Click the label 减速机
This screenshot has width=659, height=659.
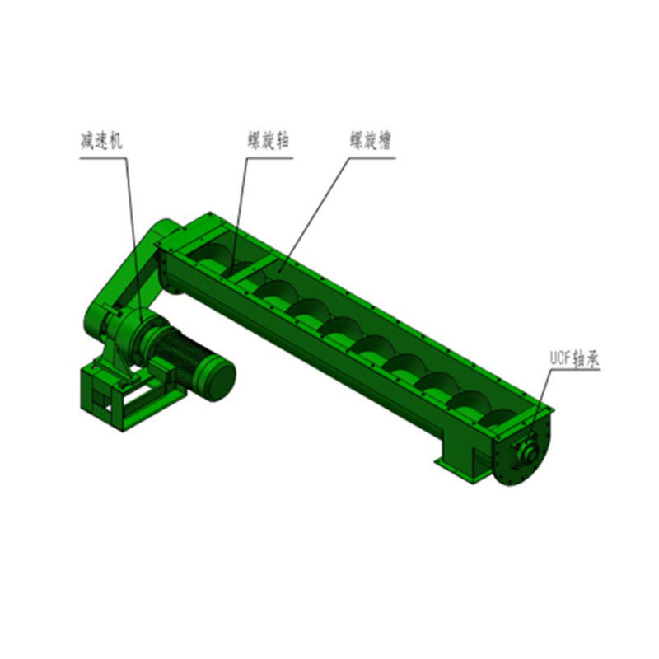(x=101, y=141)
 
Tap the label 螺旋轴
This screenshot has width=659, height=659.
(x=269, y=140)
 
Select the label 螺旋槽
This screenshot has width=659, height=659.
(x=371, y=140)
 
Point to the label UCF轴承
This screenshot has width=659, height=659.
(x=574, y=358)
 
